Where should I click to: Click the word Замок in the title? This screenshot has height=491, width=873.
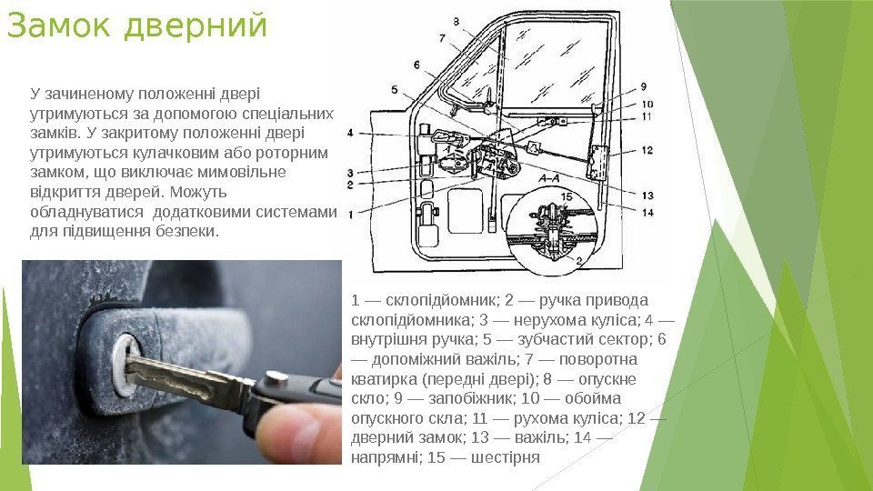click(60, 25)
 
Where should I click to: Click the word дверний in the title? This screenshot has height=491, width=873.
click(196, 27)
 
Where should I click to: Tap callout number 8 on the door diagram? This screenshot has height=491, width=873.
click(456, 22)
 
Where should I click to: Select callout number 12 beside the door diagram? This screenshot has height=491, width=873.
click(647, 150)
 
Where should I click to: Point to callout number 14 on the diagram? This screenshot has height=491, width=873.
click(647, 212)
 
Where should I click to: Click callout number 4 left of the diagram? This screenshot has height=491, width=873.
click(350, 133)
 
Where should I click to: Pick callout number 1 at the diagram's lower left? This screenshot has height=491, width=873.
click(351, 215)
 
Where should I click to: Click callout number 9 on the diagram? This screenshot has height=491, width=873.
click(644, 87)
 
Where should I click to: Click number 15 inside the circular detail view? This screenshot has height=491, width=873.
click(567, 196)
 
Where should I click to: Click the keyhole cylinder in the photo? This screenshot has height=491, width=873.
click(125, 365)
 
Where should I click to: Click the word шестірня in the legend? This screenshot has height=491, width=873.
click(506, 458)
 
